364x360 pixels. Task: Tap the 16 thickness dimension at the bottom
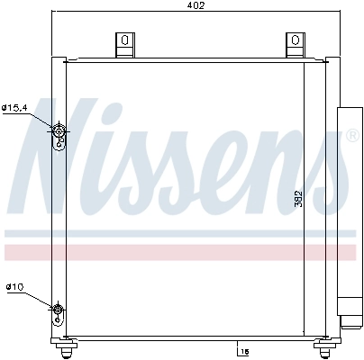243,350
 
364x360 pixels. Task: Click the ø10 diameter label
14,287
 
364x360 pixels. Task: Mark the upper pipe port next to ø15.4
59,135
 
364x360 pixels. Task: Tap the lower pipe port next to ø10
59,312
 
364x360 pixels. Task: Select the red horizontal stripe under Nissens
180,251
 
